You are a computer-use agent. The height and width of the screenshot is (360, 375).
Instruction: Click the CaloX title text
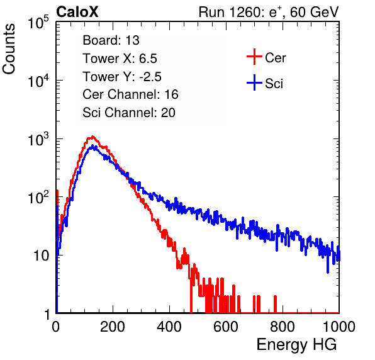[77, 12]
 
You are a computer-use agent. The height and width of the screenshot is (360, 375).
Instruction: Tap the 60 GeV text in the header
[315, 12]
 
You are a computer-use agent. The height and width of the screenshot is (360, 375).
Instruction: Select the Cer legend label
[275, 58]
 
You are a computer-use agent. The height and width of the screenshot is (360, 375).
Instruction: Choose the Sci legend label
[274, 84]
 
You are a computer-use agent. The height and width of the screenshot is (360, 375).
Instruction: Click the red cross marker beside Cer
[254, 57]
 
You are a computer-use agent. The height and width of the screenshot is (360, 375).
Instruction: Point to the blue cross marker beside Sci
[254, 82]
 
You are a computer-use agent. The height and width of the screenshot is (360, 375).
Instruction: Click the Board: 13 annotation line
[111, 40]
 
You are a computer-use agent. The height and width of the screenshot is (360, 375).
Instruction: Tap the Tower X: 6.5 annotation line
[120, 59]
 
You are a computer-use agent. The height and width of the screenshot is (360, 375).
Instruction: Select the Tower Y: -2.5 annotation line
[122, 77]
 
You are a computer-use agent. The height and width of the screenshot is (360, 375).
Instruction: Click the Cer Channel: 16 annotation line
[130, 94]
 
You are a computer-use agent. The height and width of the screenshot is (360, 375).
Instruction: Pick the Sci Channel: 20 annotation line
[129, 113]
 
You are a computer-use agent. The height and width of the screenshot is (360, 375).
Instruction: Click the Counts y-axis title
[9, 49]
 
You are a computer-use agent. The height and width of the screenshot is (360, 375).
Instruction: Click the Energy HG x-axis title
[296, 344]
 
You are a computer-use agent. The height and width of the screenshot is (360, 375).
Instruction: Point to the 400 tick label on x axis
[169, 327]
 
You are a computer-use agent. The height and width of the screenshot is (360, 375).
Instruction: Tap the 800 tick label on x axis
[283, 327]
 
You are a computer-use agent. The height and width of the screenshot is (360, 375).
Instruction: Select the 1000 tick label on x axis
[339, 327]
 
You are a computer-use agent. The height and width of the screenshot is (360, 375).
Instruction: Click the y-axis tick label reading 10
[41, 256]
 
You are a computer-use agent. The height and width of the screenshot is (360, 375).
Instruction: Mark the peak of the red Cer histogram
[92, 137]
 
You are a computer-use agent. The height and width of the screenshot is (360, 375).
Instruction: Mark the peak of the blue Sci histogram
[92, 145]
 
